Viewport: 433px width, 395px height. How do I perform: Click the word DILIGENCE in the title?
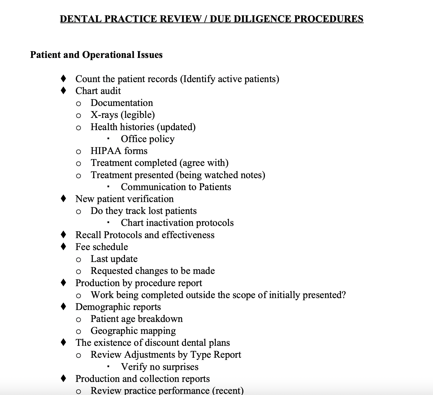pos(262,19)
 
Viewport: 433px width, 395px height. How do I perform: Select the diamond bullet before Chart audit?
pos(64,91)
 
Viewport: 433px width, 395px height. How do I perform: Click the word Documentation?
pos(122,103)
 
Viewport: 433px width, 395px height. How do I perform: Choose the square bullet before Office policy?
pos(108,139)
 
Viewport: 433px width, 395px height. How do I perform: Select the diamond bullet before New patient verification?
pos(64,199)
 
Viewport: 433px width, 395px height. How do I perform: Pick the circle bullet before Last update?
pos(78,259)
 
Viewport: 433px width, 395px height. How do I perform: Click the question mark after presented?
pos(344,295)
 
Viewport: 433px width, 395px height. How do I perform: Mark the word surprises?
pos(180,367)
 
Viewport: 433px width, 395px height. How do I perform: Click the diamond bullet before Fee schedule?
pos(64,247)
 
